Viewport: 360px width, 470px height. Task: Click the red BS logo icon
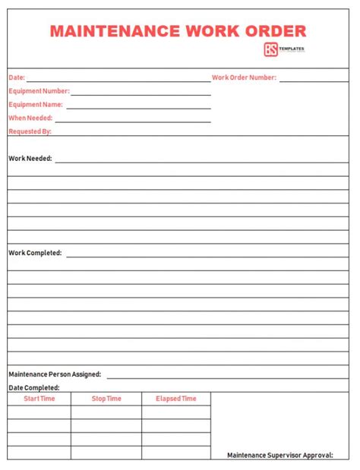pos(270,50)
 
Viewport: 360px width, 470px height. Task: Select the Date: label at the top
pos(17,77)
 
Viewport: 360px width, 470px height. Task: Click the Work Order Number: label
pos(244,77)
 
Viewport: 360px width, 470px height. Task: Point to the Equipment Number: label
pos(39,91)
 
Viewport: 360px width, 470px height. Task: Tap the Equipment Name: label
pos(36,105)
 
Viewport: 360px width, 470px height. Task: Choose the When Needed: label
pos(30,118)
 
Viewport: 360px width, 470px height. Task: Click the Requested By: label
pos(30,131)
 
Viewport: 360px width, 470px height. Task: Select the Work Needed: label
pos(30,159)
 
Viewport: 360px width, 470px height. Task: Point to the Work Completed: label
pos(35,253)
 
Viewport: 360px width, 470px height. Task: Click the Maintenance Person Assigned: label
pos(55,374)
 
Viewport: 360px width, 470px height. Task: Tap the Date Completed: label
pos(33,387)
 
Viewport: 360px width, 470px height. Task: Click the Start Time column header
pos(39,399)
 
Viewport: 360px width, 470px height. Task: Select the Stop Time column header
pos(106,399)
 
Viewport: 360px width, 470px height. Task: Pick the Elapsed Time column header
pos(175,399)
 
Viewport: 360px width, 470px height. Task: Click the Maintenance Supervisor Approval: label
pos(280,455)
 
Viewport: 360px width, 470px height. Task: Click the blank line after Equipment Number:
pos(141,93)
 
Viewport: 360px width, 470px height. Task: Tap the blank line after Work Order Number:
pos(314,79)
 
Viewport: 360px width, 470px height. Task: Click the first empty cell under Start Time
pos(39,412)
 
